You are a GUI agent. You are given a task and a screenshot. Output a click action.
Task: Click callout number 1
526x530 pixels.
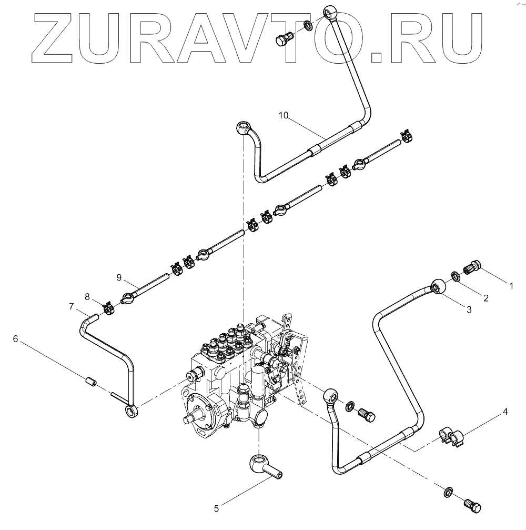(x=510, y=285)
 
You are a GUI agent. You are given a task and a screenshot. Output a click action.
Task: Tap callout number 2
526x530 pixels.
(x=486, y=298)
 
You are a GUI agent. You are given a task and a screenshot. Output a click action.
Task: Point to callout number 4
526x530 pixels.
(x=505, y=412)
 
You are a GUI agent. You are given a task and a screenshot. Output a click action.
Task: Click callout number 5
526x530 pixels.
(x=216, y=508)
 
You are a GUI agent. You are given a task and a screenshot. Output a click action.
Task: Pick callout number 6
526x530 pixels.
(x=16, y=339)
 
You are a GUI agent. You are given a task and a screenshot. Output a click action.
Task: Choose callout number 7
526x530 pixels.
(x=72, y=305)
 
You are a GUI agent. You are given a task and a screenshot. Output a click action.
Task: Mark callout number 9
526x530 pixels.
(x=119, y=277)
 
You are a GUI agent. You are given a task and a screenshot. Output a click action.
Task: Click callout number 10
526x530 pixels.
(x=284, y=116)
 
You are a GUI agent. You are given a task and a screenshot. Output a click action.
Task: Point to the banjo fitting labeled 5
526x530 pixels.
(x=264, y=467)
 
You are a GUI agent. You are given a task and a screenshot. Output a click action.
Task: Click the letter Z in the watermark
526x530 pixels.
(x=59, y=37)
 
